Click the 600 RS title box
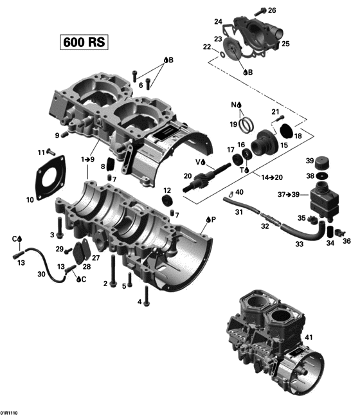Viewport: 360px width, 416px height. click(x=84, y=42)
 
